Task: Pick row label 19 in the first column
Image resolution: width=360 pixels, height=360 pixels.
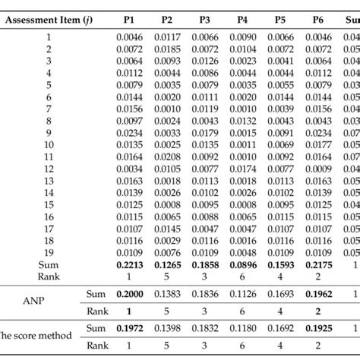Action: coord(50,252)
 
